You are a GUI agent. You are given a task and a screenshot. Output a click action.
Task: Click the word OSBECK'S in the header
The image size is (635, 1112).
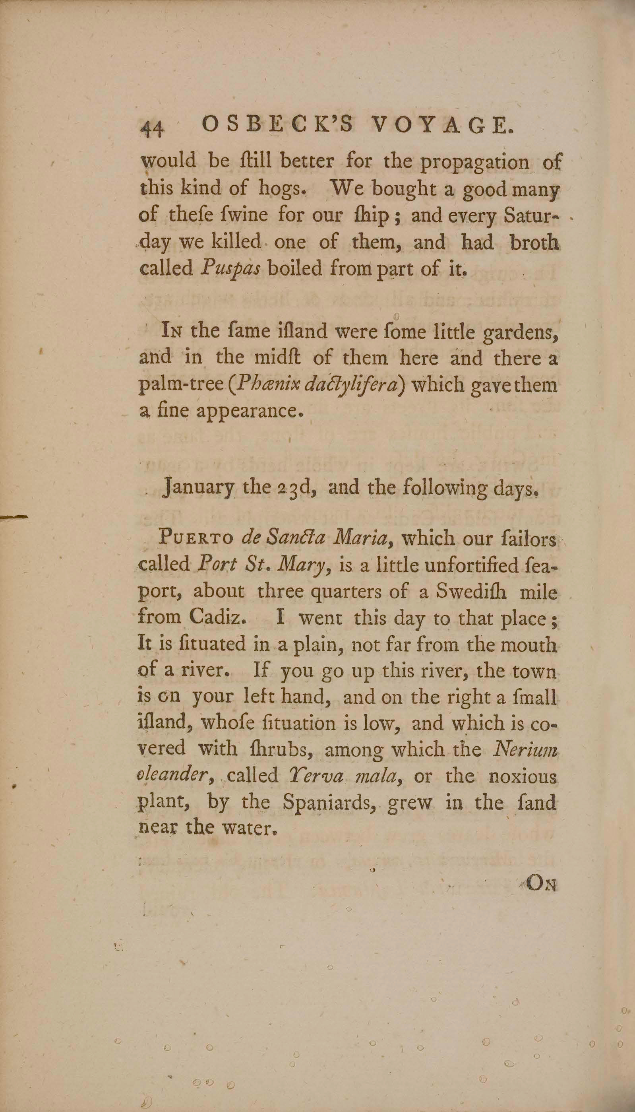(x=279, y=126)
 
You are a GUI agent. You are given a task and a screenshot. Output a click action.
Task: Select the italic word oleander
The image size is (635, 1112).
(x=175, y=775)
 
